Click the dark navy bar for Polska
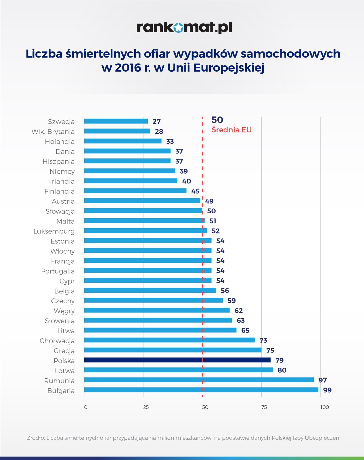(x=177, y=360)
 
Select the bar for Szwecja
(x=116, y=121)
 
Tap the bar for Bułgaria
(x=201, y=390)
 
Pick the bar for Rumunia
(x=199, y=380)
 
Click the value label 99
(x=327, y=390)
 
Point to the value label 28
(x=159, y=131)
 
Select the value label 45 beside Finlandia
(x=195, y=191)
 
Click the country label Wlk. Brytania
(x=53, y=132)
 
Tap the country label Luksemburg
(x=54, y=231)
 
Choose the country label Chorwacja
(x=57, y=341)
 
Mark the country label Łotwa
(x=65, y=371)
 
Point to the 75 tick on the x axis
(x=264, y=407)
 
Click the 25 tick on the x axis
(x=146, y=407)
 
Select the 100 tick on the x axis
(x=325, y=407)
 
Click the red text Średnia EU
(x=231, y=130)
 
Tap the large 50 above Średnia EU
(x=217, y=120)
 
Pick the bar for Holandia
(x=122, y=141)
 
